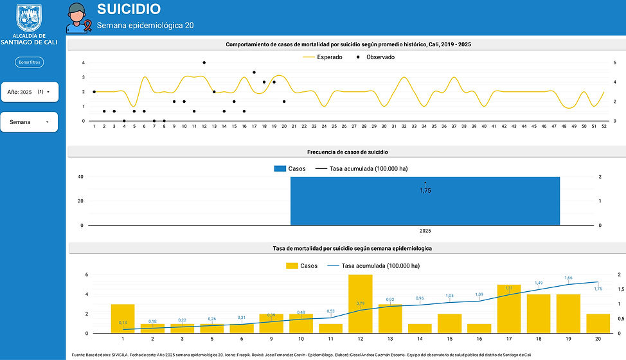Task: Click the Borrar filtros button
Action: (x=29, y=62)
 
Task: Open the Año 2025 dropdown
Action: (x=29, y=92)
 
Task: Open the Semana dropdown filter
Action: (x=29, y=122)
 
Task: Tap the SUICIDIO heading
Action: (x=129, y=9)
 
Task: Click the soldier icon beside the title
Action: (x=76, y=17)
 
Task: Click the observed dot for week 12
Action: (x=204, y=62)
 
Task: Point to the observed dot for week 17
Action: (x=254, y=72)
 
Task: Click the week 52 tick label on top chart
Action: (x=604, y=126)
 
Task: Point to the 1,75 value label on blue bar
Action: (x=425, y=190)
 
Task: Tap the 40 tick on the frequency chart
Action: (x=80, y=177)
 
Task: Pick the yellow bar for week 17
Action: (x=509, y=309)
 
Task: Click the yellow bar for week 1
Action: (x=123, y=319)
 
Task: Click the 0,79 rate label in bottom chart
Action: (x=361, y=303)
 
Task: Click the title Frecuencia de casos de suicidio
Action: (x=347, y=152)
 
